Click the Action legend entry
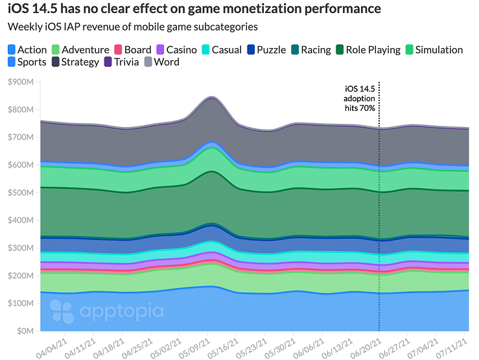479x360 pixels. [x=27, y=50]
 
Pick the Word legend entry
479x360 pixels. [x=162, y=62]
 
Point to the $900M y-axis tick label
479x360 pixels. [x=23, y=82]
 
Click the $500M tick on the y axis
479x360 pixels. [x=23, y=193]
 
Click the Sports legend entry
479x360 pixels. [x=27, y=62]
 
